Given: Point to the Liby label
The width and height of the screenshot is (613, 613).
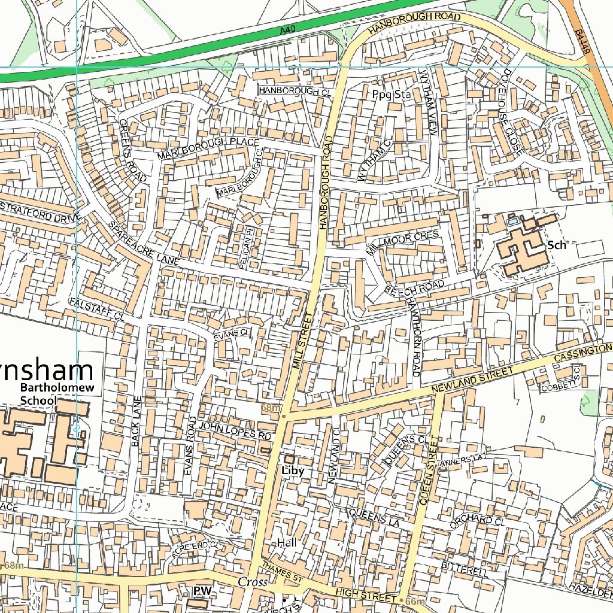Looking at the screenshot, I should coord(293,471).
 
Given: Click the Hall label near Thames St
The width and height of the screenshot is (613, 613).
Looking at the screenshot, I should coord(287,542).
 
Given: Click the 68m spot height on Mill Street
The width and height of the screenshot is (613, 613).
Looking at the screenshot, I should coord(271,408).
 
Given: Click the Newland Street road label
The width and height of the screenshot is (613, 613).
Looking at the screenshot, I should coord(473,381).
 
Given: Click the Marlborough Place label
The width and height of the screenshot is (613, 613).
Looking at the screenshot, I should coord(208,148).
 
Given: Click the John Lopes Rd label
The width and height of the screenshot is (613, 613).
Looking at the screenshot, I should coord(235,430).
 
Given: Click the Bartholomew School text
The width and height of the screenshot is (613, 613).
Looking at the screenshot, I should coord(38,394).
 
